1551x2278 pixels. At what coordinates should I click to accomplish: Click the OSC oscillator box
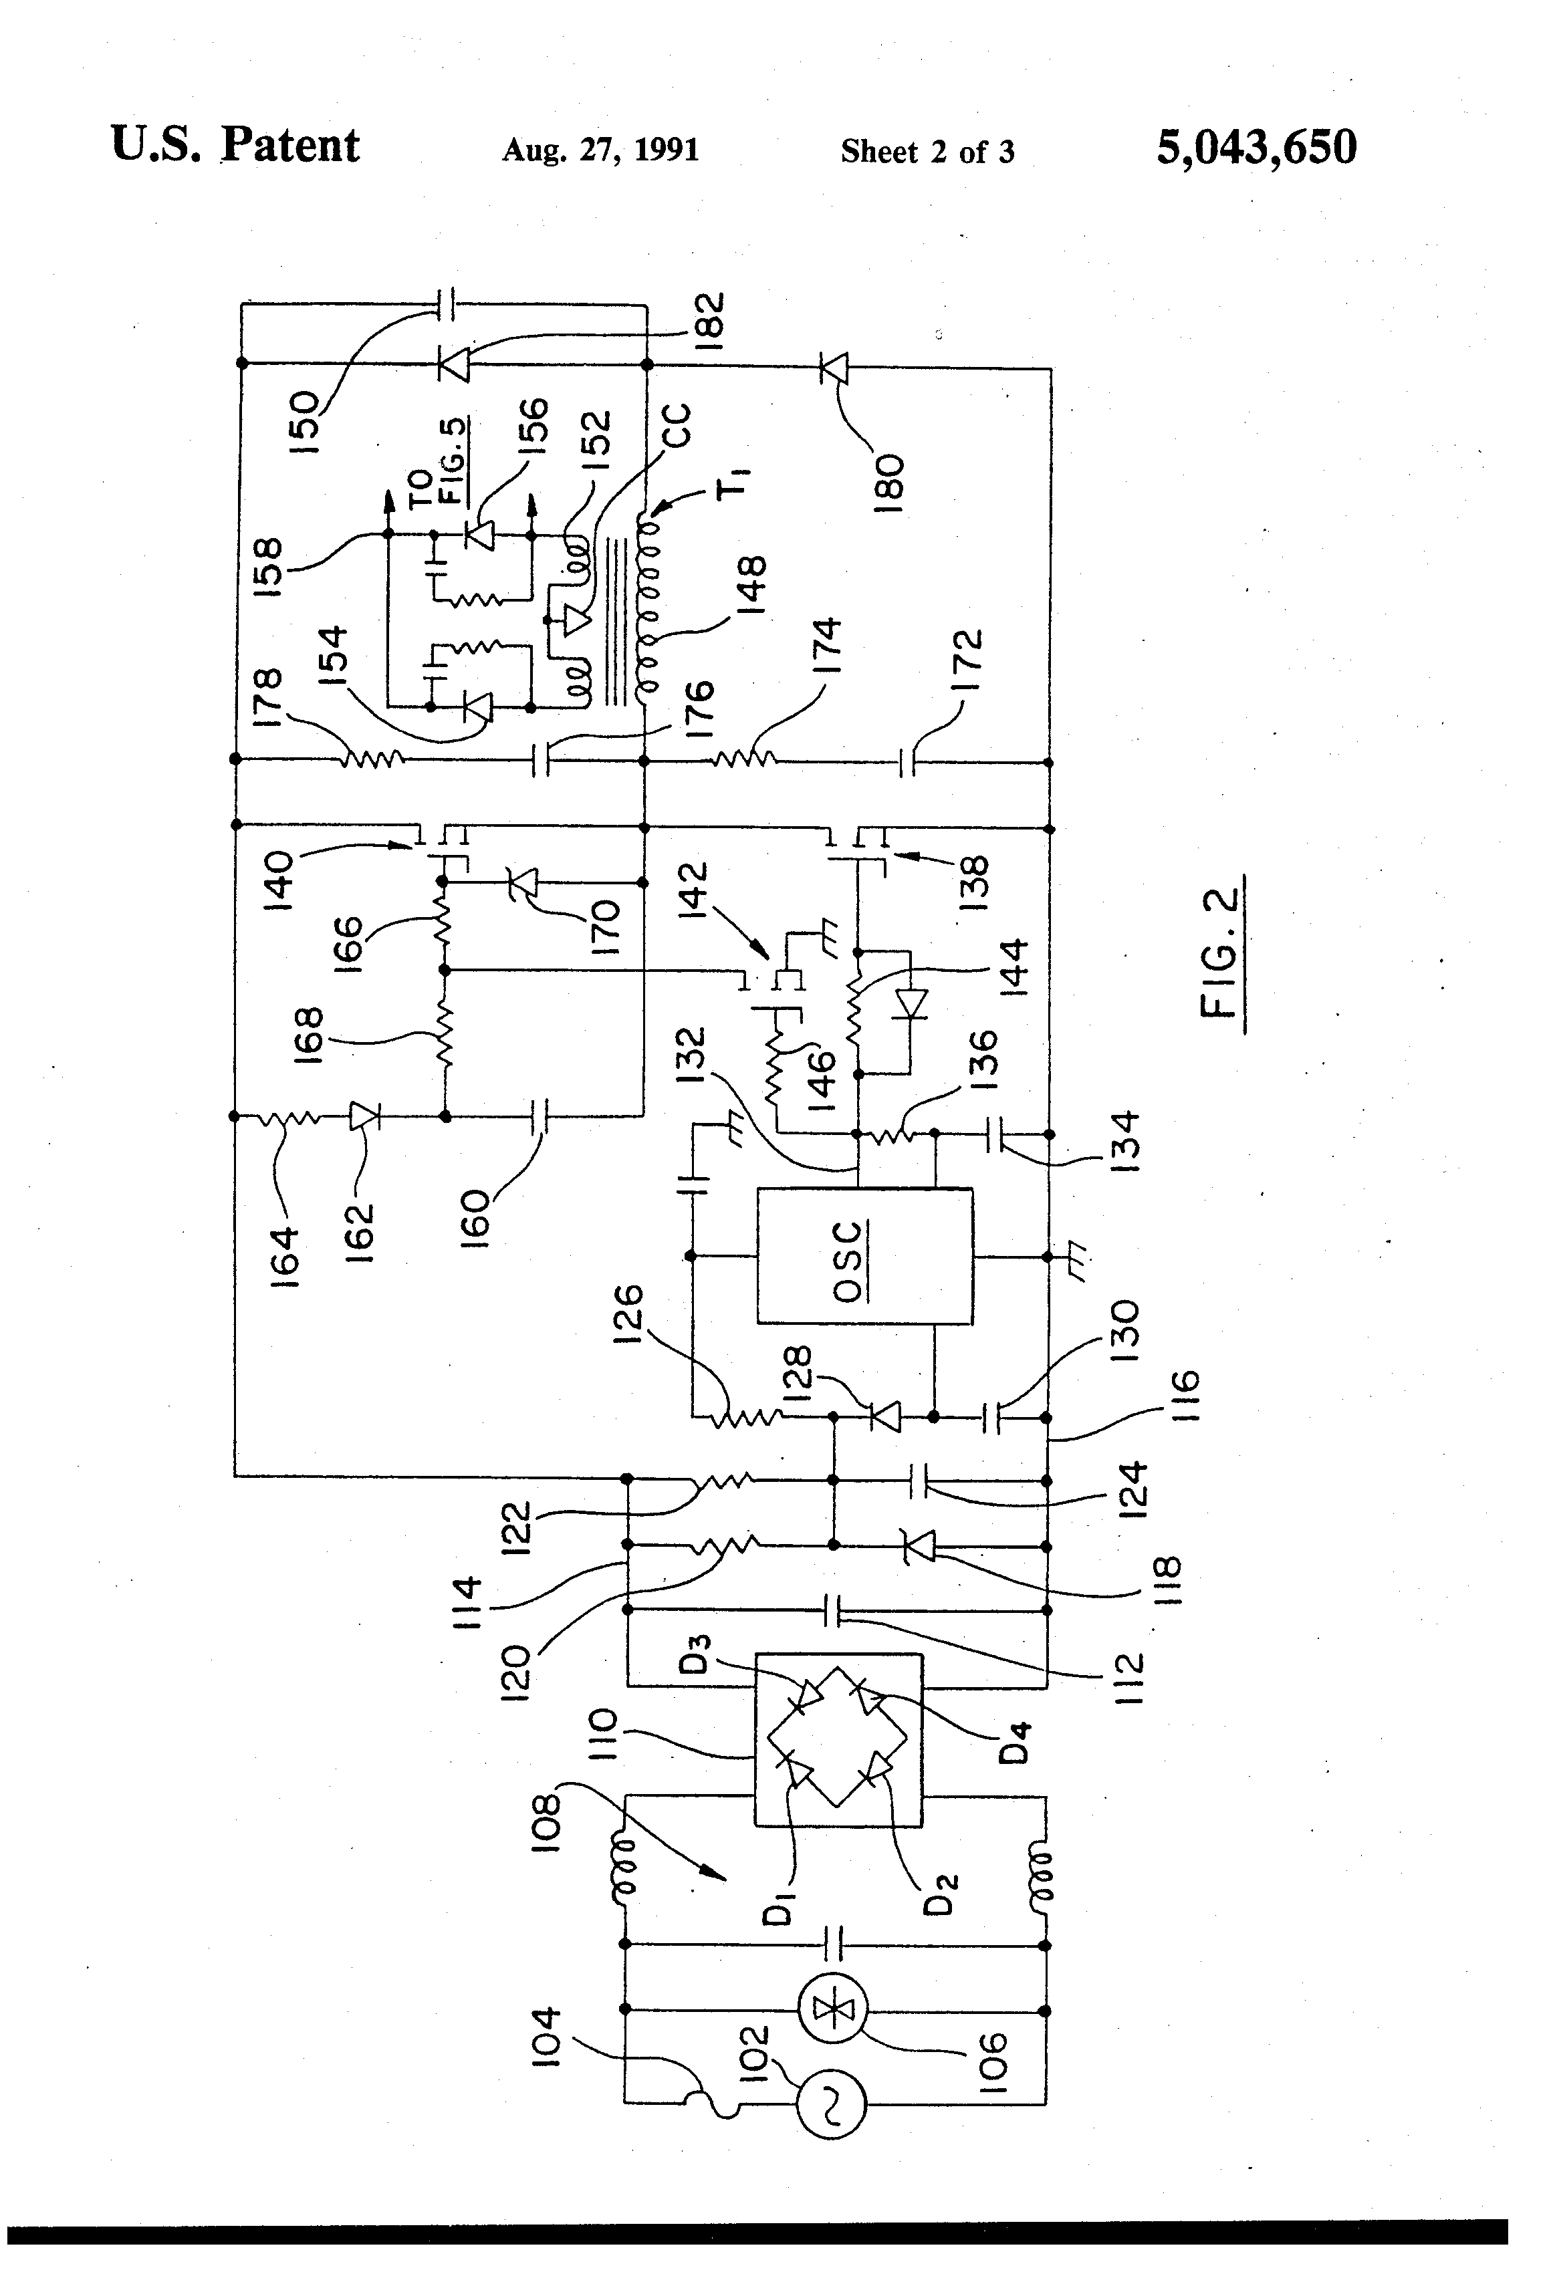(864, 1256)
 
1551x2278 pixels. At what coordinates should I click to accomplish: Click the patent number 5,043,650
(1256, 147)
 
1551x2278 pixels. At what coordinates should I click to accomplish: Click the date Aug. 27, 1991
(600, 150)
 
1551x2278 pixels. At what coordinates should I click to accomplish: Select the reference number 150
(305, 422)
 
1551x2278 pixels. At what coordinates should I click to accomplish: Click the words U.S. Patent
(235, 145)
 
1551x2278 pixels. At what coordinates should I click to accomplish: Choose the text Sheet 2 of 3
(927, 151)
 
